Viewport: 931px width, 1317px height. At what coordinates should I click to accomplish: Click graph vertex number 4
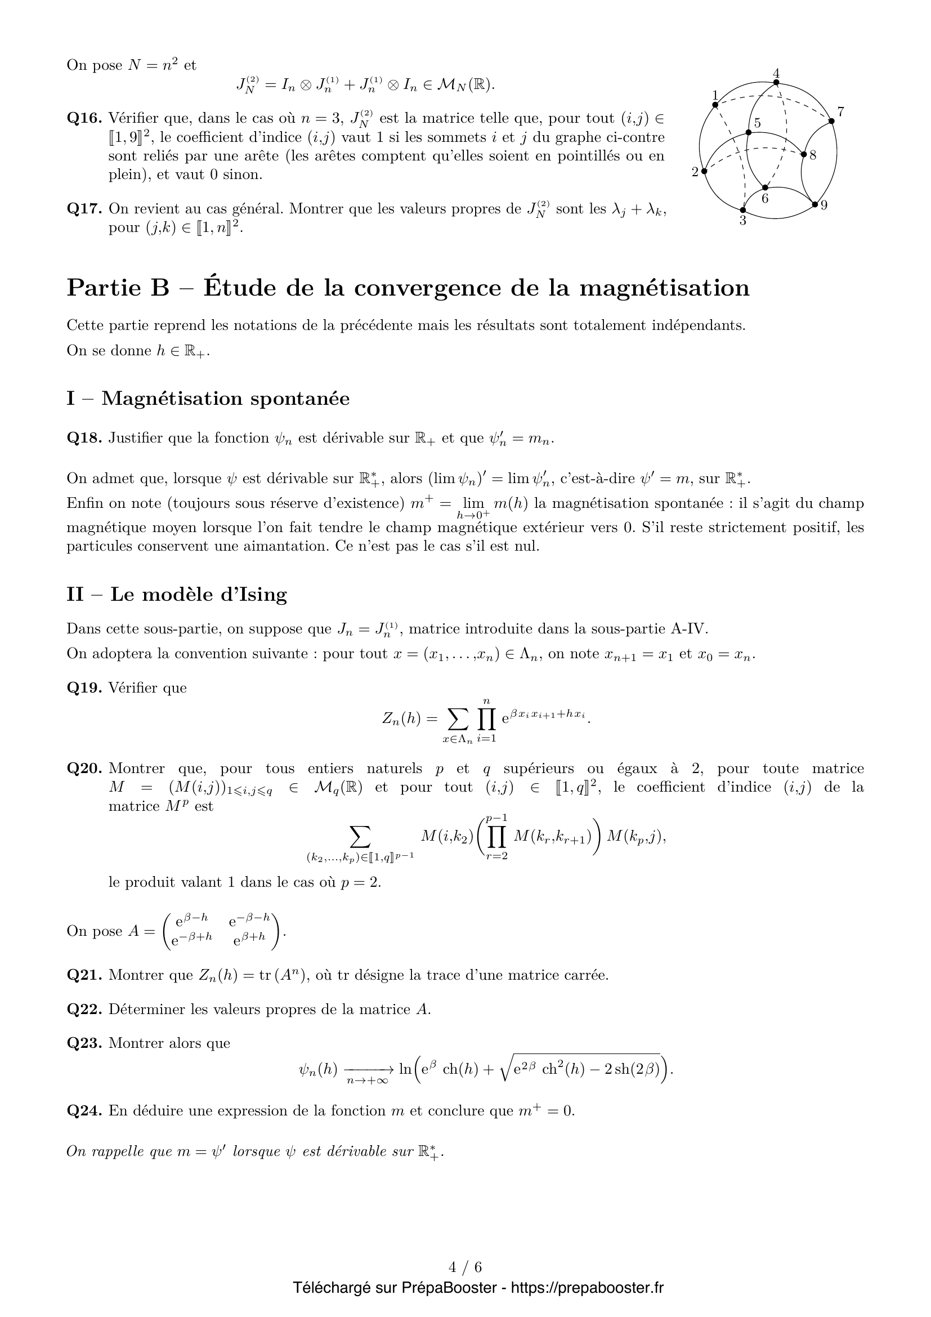click(776, 82)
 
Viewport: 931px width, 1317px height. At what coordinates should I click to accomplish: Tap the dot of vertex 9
click(814, 204)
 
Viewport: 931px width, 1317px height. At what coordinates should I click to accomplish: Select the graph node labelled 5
click(748, 132)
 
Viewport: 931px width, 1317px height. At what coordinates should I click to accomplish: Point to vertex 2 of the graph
click(705, 171)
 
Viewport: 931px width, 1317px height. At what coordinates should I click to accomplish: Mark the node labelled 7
click(831, 120)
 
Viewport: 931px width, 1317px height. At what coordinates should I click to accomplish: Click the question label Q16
click(84, 119)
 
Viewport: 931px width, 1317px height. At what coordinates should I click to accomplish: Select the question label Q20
click(84, 769)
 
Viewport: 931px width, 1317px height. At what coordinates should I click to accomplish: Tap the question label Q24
click(84, 1111)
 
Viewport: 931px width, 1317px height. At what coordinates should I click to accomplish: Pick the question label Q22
click(84, 1009)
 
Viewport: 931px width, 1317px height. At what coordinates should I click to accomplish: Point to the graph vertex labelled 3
click(743, 210)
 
